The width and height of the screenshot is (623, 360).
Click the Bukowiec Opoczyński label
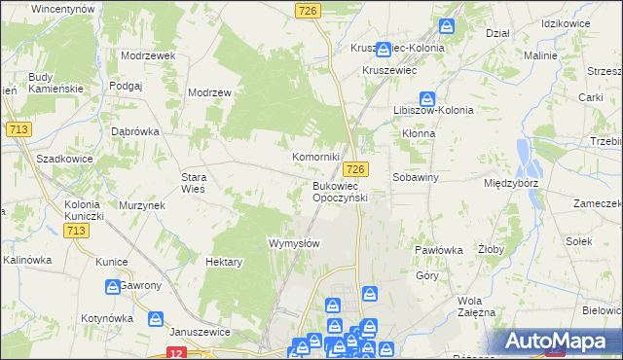click(340, 191)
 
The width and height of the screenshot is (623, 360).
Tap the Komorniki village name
click(316, 156)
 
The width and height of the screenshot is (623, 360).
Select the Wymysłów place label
click(293, 243)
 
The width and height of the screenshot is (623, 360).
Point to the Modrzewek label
click(148, 55)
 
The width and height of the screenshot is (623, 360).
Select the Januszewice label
click(199, 331)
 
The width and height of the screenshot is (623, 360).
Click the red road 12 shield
click(176, 353)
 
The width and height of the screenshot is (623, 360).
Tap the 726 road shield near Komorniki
click(355, 169)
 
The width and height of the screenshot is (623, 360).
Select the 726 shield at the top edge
click(308, 10)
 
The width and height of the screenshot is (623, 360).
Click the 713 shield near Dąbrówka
click(17, 128)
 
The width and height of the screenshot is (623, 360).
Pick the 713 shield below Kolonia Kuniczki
click(77, 230)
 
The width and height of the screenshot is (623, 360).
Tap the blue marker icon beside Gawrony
click(113, 286)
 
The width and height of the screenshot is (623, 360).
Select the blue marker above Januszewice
click(155, 317)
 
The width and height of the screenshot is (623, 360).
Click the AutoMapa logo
click(557, 341)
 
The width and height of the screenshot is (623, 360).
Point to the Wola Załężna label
click(476, 306)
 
